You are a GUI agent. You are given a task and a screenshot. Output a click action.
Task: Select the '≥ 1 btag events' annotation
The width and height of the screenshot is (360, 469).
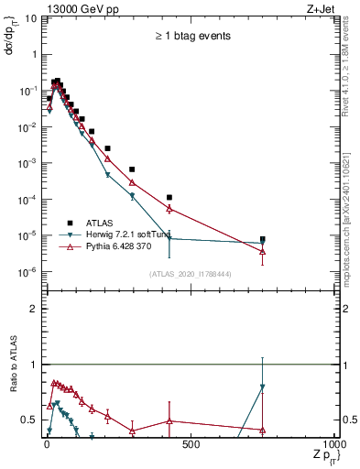pos(192,36)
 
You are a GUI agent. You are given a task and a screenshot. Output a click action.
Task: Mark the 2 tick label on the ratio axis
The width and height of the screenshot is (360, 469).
pos(33,309)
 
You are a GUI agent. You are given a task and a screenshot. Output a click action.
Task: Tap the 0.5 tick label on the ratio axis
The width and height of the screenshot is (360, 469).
pos(29,420)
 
